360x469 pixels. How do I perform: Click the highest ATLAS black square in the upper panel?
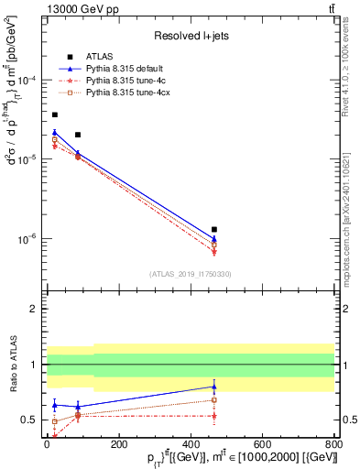[x=54, y=115]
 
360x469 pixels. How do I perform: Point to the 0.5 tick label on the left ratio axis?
[x=33, y=420]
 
